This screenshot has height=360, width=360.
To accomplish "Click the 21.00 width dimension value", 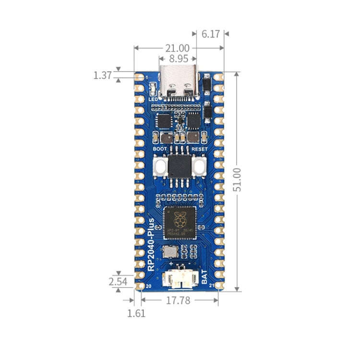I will pos(177,48).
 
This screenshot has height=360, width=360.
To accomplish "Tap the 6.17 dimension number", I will pos(210,34).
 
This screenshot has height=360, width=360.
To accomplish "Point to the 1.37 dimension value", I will pos(102,75).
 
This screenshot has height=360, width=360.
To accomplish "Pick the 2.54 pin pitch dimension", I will pos(118,282).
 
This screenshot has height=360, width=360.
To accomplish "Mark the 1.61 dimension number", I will pos(136,313).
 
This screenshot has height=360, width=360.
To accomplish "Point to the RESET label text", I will pos(199,149).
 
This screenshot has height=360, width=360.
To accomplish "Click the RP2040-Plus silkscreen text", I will pos(152,244).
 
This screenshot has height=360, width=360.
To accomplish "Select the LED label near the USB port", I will pos(153,99).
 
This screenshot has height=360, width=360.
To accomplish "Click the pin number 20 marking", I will pos(148,287).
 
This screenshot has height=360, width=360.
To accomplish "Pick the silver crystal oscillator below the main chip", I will pos(169,251).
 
